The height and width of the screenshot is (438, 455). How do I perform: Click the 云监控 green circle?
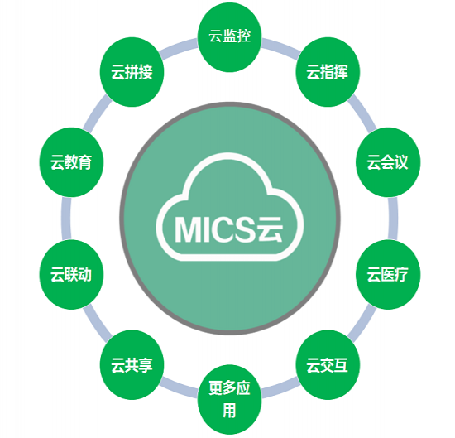(229, 37)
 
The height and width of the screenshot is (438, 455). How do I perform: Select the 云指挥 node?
(328, 72)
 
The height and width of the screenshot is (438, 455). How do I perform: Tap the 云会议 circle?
(388, 162)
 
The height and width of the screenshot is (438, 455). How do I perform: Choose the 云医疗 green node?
(388, 275)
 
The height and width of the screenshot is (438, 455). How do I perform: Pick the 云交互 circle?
(328, 365)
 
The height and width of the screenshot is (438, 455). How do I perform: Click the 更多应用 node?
(229, 400)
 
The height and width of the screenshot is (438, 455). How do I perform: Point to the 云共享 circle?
(132, 365)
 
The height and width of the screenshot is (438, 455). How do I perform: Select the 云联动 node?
(71, 275)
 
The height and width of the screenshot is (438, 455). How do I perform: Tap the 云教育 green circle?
(71, 162)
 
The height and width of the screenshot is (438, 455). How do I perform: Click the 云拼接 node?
(132, 72)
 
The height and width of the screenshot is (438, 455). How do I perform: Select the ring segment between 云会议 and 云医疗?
(393, 219)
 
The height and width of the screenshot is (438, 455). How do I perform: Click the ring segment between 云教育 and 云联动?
(66, 219)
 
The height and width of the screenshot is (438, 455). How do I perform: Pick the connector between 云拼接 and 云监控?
(179, 48)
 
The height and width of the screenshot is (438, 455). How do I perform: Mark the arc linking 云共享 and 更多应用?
(179, 388)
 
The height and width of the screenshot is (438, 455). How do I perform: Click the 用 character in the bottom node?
(229, 410)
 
